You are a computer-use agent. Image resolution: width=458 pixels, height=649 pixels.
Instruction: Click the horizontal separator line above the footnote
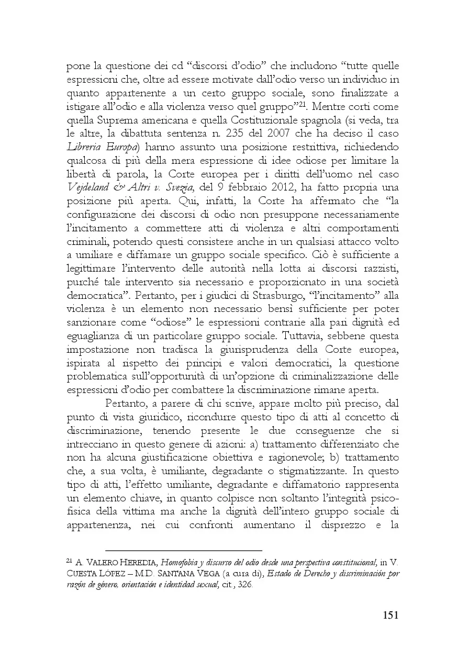(183, 551)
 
